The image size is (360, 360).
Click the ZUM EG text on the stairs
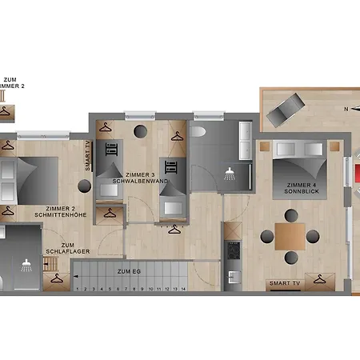[128, 272]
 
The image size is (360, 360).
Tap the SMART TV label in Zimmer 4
[286, 283]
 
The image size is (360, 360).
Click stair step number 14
[183, 288]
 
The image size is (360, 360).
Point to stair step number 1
[77, 288]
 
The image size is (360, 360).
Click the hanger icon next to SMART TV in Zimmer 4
[321, 280]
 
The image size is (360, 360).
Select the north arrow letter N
[346, 108]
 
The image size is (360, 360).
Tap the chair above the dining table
[289, 215]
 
